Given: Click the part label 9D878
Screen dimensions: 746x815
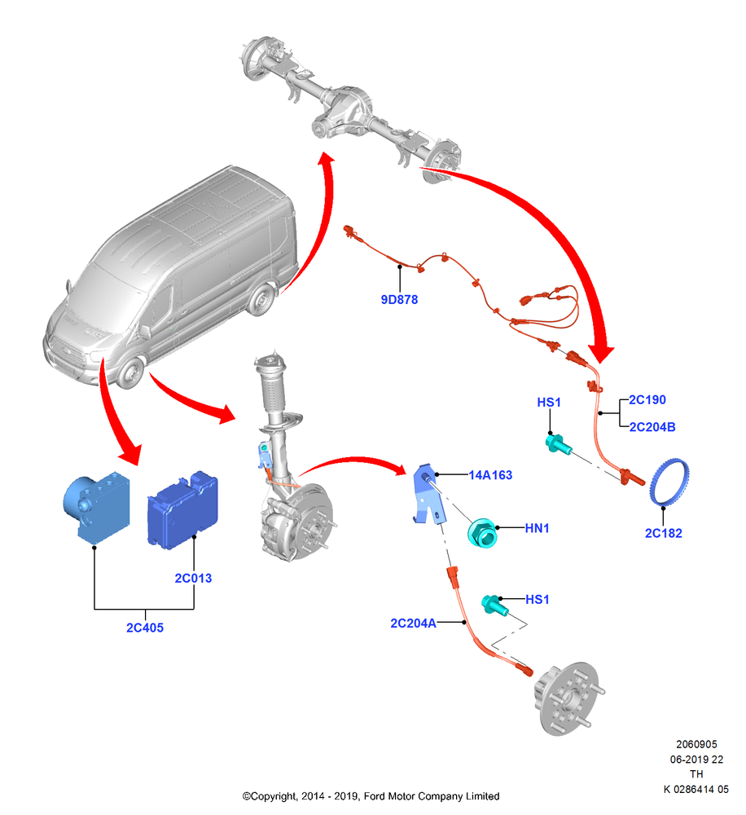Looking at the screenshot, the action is click(399, 299).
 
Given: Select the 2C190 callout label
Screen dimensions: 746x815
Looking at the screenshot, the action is click(647, 399).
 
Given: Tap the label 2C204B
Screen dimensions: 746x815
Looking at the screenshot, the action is click(652, 427).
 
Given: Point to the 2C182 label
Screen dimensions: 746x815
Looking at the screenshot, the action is click(664, 533).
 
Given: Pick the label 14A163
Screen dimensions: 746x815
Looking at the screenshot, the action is click(490, 475).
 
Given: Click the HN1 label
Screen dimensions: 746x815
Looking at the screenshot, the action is click(537, 528).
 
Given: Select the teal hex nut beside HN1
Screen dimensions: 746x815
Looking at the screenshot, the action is click(481, 533).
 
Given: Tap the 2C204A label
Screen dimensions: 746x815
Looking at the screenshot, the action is click(414, 623).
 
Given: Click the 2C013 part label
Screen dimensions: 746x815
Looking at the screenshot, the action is click(193, 578).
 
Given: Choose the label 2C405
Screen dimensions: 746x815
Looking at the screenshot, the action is click(145, 628).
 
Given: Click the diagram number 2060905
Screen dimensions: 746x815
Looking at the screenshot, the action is click(696, 744).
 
